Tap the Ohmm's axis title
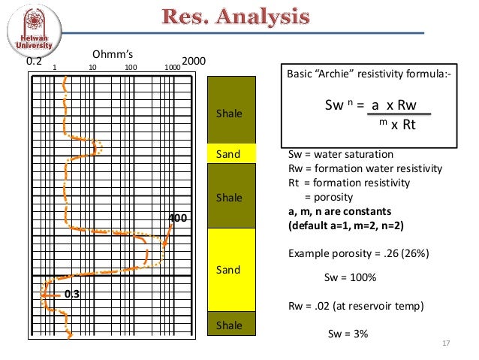point(112,54)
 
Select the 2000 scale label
point(194,61)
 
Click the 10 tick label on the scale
point(92,67)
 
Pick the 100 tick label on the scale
point(131,67)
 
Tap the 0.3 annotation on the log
point(72,294)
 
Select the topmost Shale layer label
point(229,114)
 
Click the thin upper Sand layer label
point(228,154)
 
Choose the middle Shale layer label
point(229,197)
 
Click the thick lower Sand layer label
point(228,268)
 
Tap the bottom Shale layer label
point(229,325)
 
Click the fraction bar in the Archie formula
point(398,114)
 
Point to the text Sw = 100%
point(349,277)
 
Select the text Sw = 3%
point(349,334)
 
